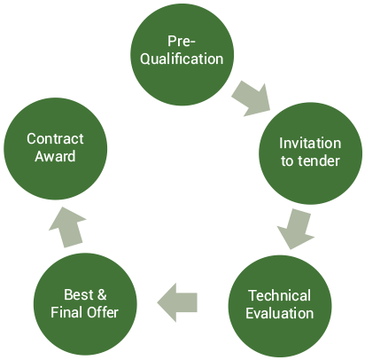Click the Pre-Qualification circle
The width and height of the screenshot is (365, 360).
pyautogui.click(x=182, y=54)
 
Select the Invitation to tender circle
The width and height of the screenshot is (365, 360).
pyautogui.click(x=310, y=153)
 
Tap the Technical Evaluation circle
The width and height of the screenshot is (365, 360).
pyautogui.click(x=280, y=306)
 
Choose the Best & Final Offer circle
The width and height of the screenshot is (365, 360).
pyautogui.click(x=85, y=304)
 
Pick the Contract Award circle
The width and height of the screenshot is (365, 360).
pyautogui.click(x=55, y=149)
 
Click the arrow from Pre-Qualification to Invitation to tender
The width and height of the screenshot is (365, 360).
pyautogui.click(x=252, y=98)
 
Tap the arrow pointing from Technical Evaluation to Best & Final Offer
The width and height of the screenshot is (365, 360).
pyautogui.click(x=177, y=302)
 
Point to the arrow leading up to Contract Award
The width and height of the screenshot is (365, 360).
pyautogui.click(x=68, y=227)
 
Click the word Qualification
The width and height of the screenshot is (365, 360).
pyautogui.click(x=182, y=59)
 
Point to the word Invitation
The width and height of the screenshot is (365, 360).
pyautogui.click(x=310, y=144)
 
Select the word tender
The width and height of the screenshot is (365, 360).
pyautogui.click(x=319, y=161)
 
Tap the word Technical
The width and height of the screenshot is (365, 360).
pyautogui.click(x=279, y=295)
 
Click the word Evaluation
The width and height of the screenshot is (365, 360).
pyautogui.click(x=280, y=313)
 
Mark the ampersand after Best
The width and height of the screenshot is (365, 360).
pyautogui.click(x=101, y=294)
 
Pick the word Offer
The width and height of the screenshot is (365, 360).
pyautogui.click(x=103, y=312)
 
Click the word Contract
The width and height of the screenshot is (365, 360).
pyautogui.click(x=55, y=138)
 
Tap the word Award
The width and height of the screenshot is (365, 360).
pyautogui.click(x=55, y=156)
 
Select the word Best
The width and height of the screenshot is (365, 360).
pyautogui.click(x=79, y=294)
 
